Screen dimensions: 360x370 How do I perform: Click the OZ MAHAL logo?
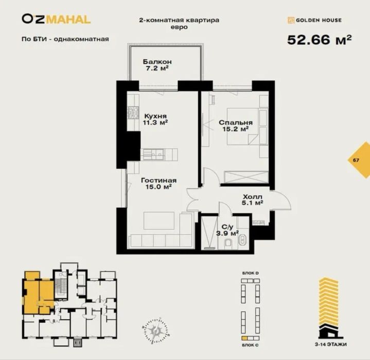pyautogui.click(x=56, y=20)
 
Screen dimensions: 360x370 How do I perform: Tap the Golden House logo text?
pyautogui.click(x=314, y=21)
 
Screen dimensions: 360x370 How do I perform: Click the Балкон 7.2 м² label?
pyautogui.click(x=157, y=64)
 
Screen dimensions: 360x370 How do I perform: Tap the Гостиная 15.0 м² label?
pyautogui.click(x=159, y=184)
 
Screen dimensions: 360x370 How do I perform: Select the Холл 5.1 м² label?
pyautogui.click(x=252, y=200)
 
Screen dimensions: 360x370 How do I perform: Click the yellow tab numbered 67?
pyautogui.click(x=356, y=160)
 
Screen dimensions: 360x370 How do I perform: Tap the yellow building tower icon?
pyautogui.click(x=327, y=306)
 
